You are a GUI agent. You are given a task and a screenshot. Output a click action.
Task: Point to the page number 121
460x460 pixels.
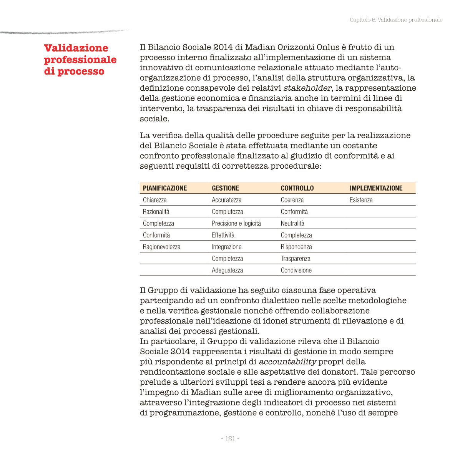pos(230,438)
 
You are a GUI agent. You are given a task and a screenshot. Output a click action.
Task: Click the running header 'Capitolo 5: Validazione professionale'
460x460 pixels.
pos(396,20)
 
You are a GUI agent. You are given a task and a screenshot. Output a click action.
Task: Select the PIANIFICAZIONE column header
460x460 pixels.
pos(165,188)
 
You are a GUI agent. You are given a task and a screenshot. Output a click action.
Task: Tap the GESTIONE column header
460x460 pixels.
pos(225,188)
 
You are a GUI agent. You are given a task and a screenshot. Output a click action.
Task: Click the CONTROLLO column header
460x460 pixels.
pos(297,188)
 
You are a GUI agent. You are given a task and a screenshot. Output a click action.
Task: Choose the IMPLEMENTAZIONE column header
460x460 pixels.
pos(376,188)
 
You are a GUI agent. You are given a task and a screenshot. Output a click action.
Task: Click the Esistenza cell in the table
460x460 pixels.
pos(361,200)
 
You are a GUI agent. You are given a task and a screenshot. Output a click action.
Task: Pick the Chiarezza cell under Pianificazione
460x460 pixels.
pos(154,200)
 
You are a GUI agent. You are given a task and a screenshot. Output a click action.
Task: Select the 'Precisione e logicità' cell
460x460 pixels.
pos(236,223)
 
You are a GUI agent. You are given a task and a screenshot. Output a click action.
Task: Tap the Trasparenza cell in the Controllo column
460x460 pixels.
pos(295,259)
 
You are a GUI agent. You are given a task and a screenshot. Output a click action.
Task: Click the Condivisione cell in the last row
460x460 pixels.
pos(296,270)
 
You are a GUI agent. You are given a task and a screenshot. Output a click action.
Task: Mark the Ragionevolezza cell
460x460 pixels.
pos(161,247)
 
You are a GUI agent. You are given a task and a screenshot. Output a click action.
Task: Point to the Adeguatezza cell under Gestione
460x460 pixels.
pos(227,270)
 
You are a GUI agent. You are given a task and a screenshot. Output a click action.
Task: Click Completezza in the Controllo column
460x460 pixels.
pos(296,235)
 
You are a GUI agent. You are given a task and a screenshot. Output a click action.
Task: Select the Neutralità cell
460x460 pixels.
pos(292,223)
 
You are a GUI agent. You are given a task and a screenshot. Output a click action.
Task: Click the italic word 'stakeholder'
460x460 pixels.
pos(307,88)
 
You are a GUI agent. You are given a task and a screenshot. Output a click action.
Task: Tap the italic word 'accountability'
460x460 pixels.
pos(287,362)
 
